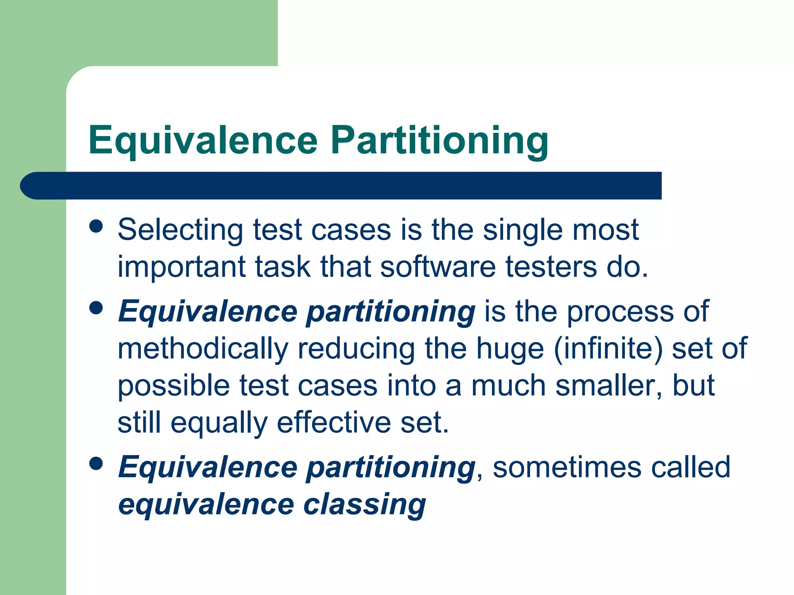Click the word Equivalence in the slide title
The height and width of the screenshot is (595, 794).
[x=203, y=140]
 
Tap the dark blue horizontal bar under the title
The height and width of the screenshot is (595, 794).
[x=341, y=186]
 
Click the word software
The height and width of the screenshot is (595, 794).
[x=438, y=267]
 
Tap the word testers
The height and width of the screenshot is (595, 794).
[x=551, y=267]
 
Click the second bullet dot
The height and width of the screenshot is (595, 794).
[x=96, y=308]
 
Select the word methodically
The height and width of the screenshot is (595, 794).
[x=203, y=349]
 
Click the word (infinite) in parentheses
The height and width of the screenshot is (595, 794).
[x=608, y=349]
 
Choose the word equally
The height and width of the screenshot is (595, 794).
[x=219, y=423]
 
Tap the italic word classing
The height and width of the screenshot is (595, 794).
[x=364, y=505]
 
